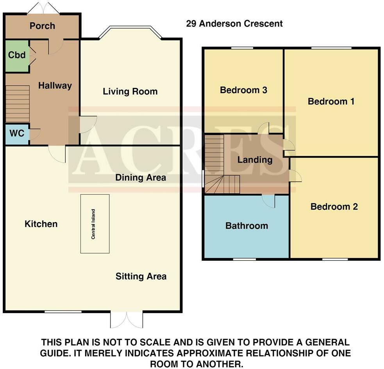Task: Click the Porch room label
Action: click(42, 26)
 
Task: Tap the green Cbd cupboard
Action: click(17, 56)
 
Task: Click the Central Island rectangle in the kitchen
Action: click(95, 224)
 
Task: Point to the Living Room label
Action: click(130, 91)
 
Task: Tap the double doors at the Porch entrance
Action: click(43, 8)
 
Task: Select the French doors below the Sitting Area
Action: click(126, 320)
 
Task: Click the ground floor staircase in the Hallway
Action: click(18, 104)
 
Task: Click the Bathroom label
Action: click(246, 226)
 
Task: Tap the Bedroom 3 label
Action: click(243, 90)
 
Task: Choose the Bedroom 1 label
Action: click(331, 102)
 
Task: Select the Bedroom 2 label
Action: click(334, 206)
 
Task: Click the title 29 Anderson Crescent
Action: click(234, 23)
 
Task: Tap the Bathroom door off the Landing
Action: click(269, 201)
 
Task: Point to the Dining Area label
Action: click(141, 177)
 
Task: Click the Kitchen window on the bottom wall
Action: click(63, 312)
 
